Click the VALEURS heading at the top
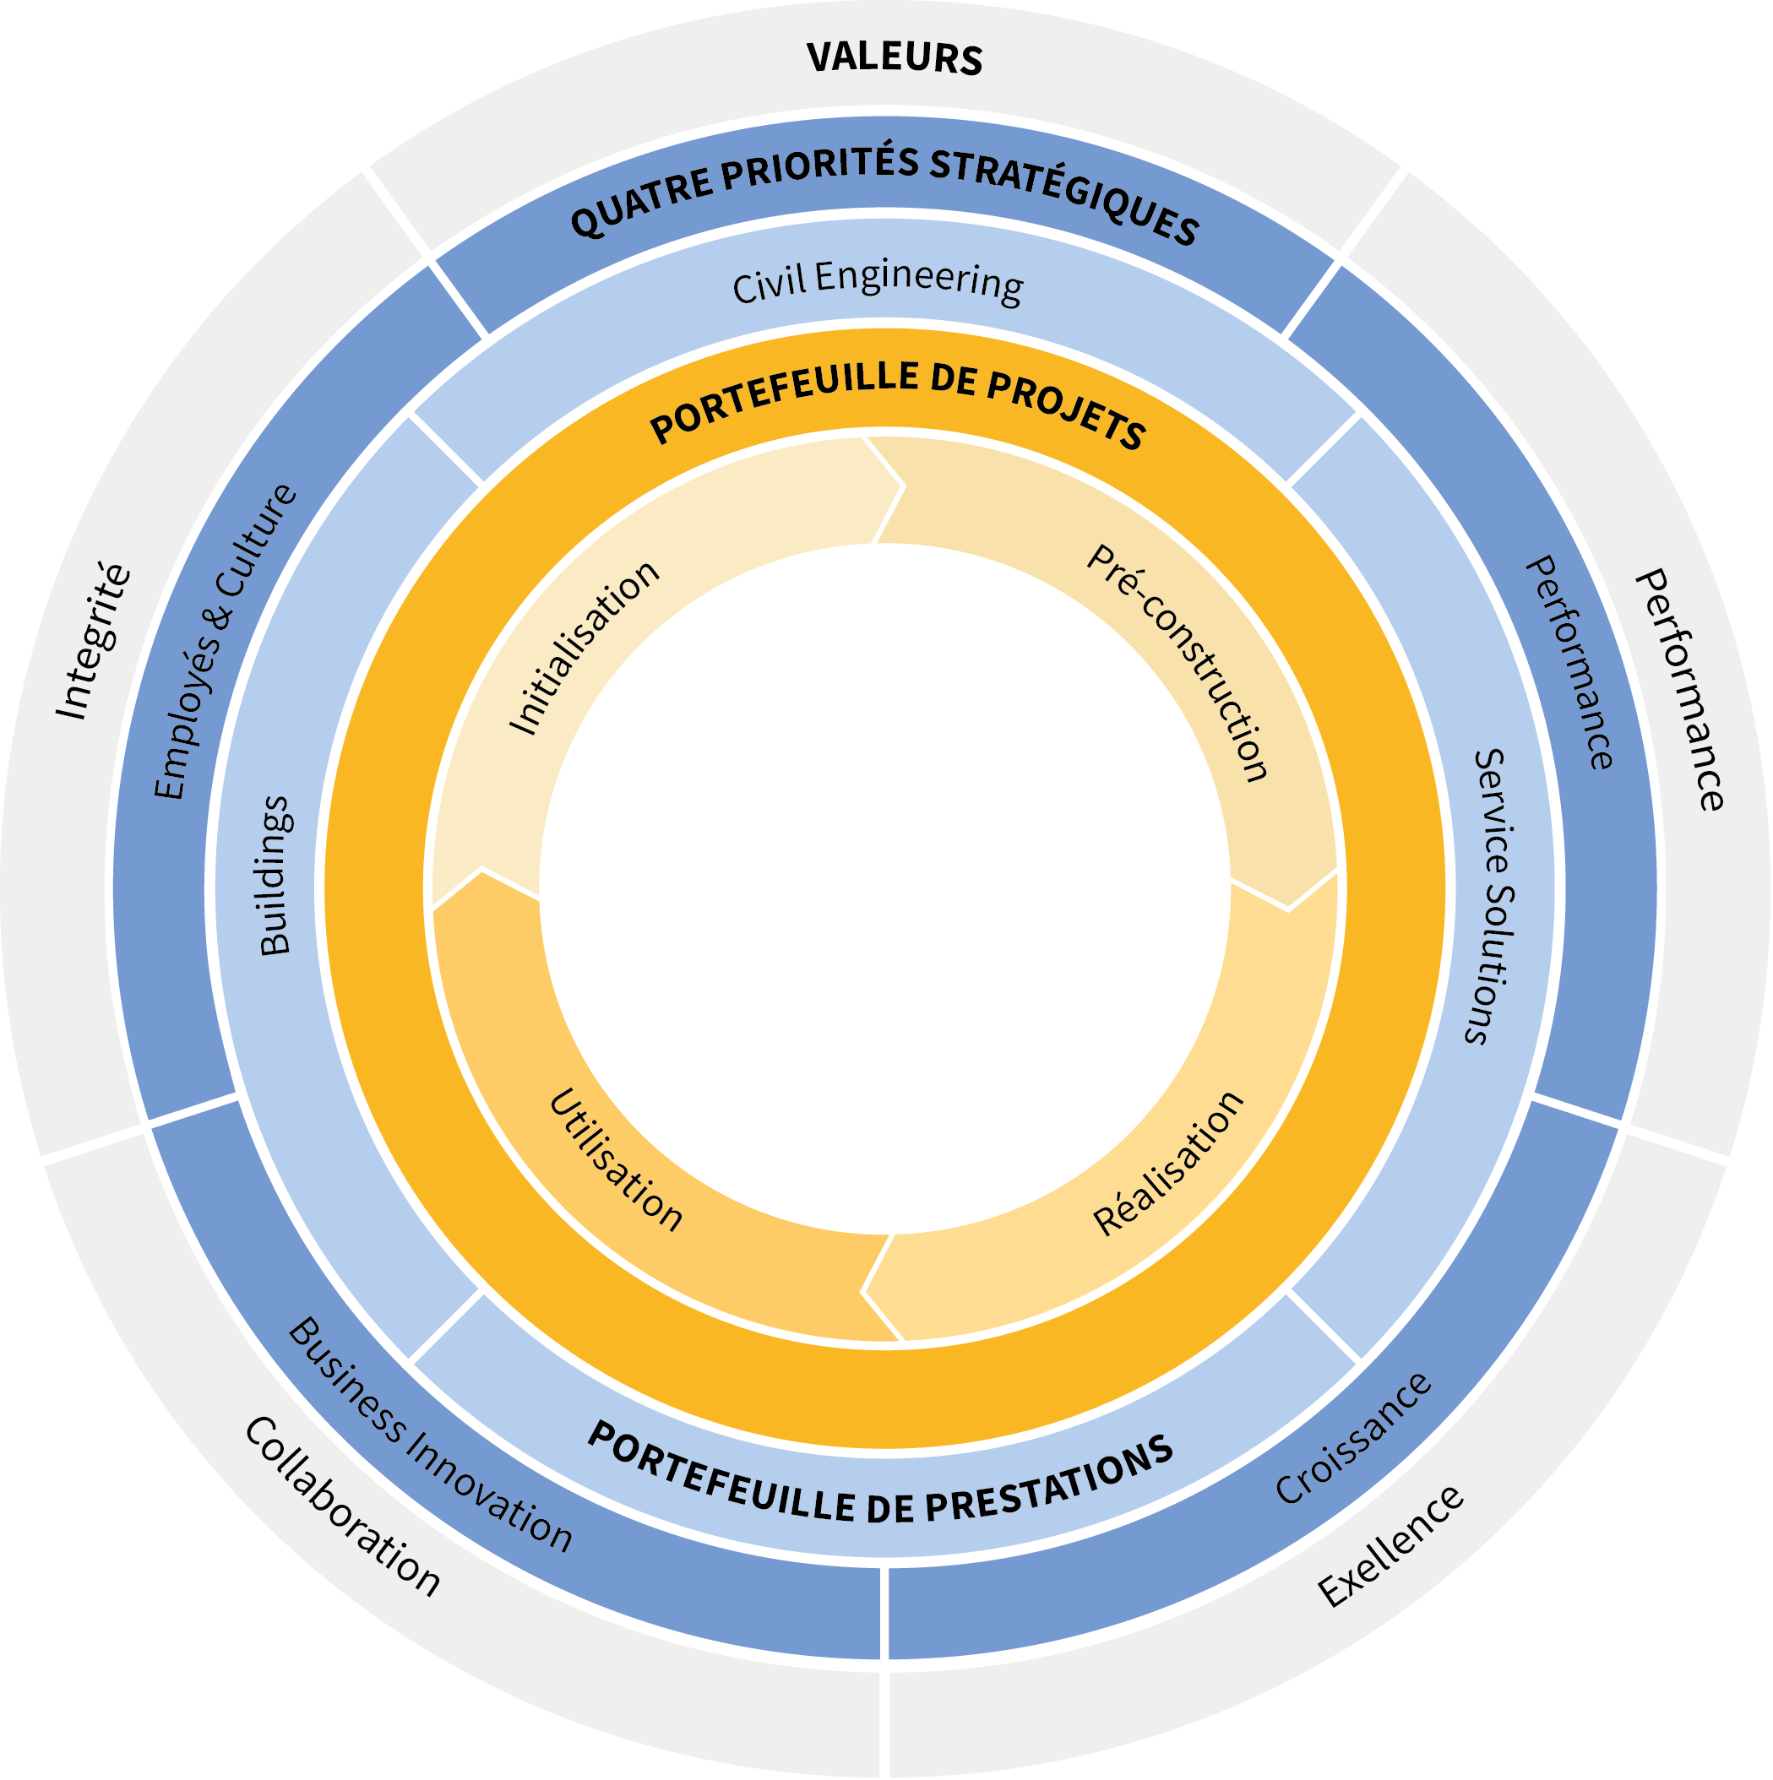894,57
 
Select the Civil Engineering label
878,283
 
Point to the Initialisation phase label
585,647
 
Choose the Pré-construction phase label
1178,662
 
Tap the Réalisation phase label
1168,1162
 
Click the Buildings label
275,876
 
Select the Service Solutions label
1489,896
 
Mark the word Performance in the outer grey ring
1680,689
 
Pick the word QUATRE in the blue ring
642,200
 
